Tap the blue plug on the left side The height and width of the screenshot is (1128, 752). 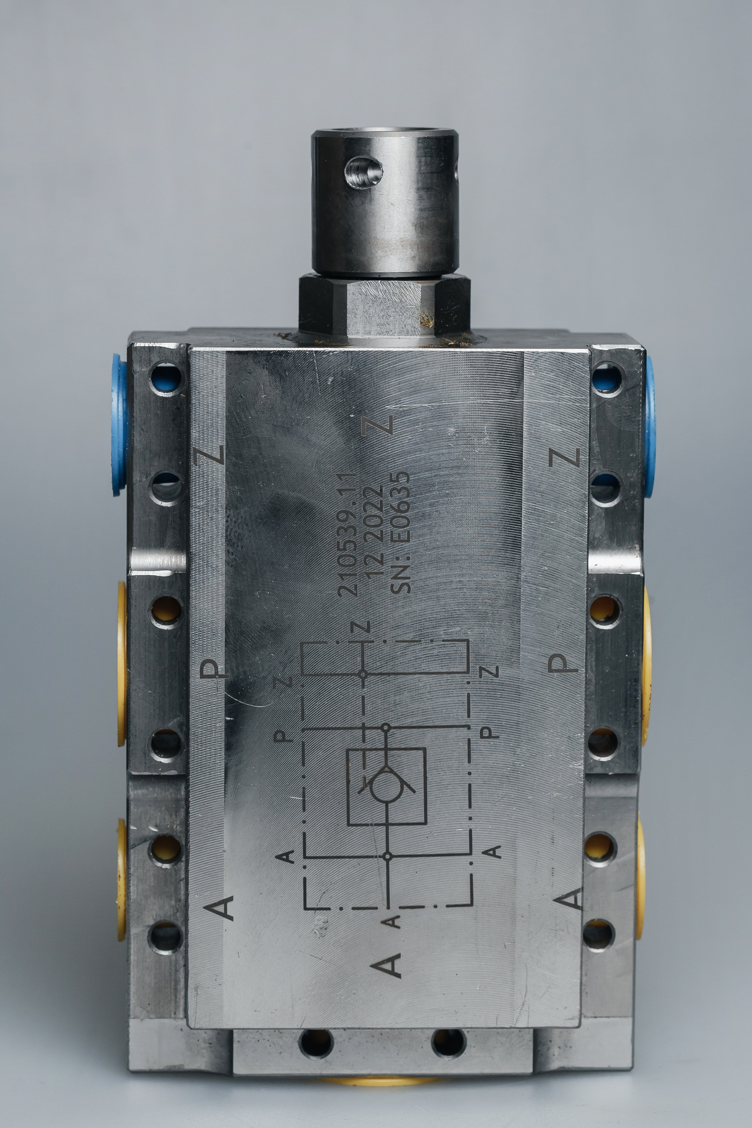119,425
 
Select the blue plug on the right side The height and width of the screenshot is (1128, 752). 650,427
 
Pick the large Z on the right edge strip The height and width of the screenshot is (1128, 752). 565,457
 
